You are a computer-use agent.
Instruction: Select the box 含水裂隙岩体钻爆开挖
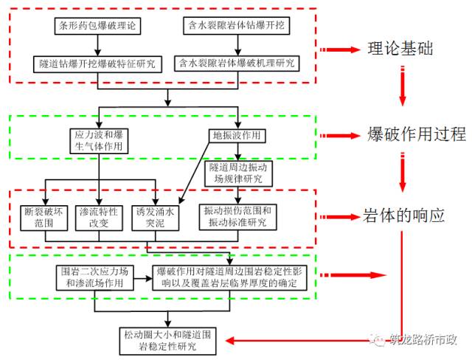click(237, 26)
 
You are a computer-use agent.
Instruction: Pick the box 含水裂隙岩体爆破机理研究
click(237, 63)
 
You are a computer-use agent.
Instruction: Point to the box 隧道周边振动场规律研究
click(237, 173)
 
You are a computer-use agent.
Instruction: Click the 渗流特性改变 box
click(99, 216)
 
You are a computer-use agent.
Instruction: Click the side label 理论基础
click(400, 49)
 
